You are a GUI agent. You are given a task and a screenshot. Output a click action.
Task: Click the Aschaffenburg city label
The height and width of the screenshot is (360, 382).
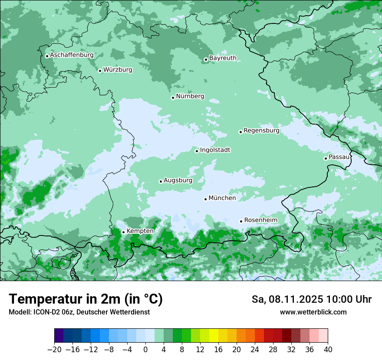pyautogui.click(x=72, y=55)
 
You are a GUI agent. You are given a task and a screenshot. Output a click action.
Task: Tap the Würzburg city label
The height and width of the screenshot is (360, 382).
pyautogui.click(x=118, y=70)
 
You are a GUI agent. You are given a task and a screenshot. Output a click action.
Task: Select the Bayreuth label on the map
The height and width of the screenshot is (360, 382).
pyautogui.click(x=223, y=58)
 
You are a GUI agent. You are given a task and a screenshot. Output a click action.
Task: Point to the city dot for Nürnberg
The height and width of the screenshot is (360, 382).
pyautogui.click(x=173, y=98)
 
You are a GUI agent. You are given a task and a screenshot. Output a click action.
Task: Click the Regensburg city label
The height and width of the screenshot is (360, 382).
pyautogui.click(x=261, y=131)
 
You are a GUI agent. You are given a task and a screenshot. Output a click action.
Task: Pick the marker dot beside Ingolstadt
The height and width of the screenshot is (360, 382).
pyautogui.click(x=197, y=151)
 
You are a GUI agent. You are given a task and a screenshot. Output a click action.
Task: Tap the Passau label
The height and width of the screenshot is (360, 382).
pyautogui.click(x=339, y=157)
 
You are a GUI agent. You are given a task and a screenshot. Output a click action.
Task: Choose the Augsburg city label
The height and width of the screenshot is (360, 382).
pyautogui.click(x=178, y=180)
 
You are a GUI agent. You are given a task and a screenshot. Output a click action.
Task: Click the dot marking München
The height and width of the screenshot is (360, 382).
pyautogui.click(x=205, y=199)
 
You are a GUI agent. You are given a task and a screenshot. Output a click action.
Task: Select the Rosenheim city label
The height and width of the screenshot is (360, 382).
pyautogui.click(x=260, y=220)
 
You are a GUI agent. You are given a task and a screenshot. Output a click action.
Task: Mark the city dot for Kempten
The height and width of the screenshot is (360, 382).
pyautogui.click(x=123, y=232)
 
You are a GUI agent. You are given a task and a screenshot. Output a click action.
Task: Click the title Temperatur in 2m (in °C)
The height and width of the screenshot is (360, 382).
pyautogui.click(x=86, y=299)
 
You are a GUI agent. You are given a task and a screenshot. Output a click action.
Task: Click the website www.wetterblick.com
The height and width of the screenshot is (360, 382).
pyautogui.click(x=313, y=312)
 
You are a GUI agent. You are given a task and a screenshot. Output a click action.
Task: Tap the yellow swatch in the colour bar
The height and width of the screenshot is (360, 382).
pyautogui.click(x=214, y=336)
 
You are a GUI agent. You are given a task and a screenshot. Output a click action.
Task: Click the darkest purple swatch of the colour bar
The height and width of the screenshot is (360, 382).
pyautogui.click(x=59, y=336)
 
